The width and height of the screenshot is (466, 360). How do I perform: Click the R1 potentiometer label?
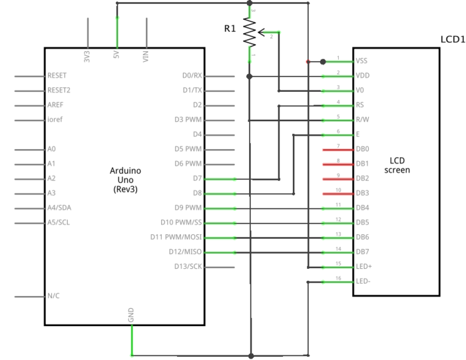pyautogui.click(x=230, y=29)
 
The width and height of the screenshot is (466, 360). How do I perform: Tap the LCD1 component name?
pyautogui.click(x=452, y=40)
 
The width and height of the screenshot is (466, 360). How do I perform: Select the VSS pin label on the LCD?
pyautogui.click(x=362, y=61)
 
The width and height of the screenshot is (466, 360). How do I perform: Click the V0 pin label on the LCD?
pyautogui.click(x=360, y=90)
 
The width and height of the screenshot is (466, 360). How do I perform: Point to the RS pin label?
pyautogui.click(x=360, y=104)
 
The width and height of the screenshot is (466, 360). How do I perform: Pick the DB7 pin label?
pyautogui.click(x=363, y=252)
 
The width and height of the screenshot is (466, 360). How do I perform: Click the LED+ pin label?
pyautogui.click(x=364, y=266)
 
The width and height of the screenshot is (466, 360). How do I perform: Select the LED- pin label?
pyautogui.click(x=363, y=281)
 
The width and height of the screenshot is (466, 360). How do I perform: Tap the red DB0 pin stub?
pyautogui.click(x=338, y=149)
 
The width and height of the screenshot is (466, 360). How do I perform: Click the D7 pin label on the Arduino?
pyautogui.click(x=196, y=178)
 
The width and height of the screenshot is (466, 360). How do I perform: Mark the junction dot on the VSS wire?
pyautogui.click(x=323, y=61)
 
